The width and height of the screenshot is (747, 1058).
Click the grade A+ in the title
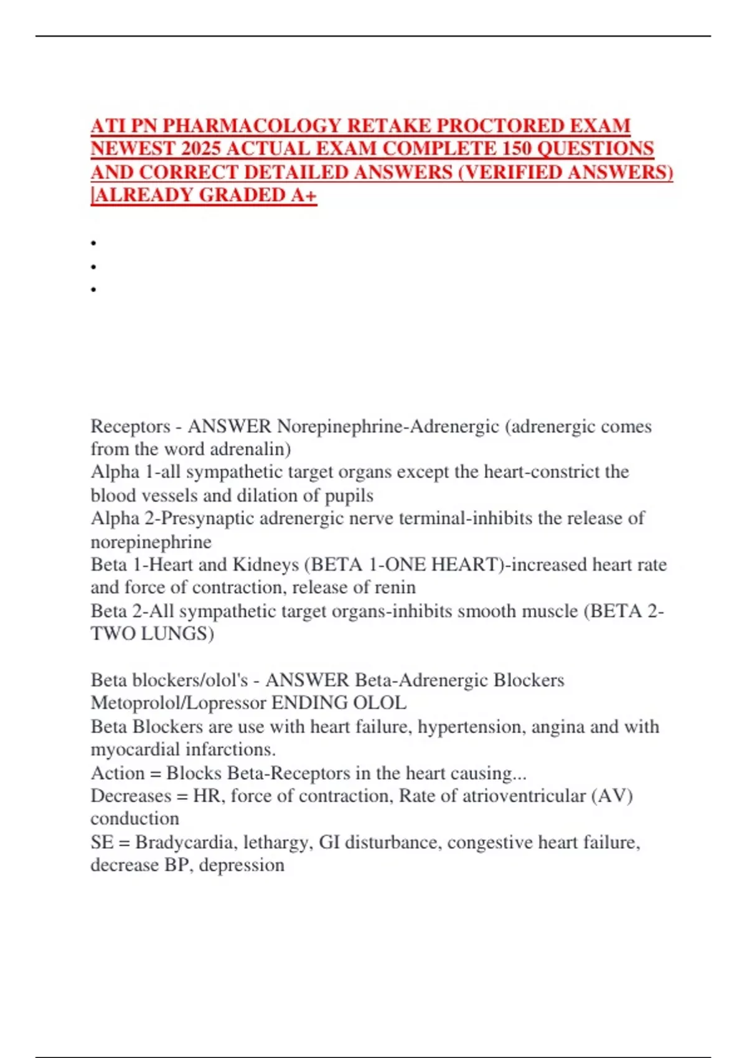304,195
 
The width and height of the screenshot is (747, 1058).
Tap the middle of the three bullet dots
93,267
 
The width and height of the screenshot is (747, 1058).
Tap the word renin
395,588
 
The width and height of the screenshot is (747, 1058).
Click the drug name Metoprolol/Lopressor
179,703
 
